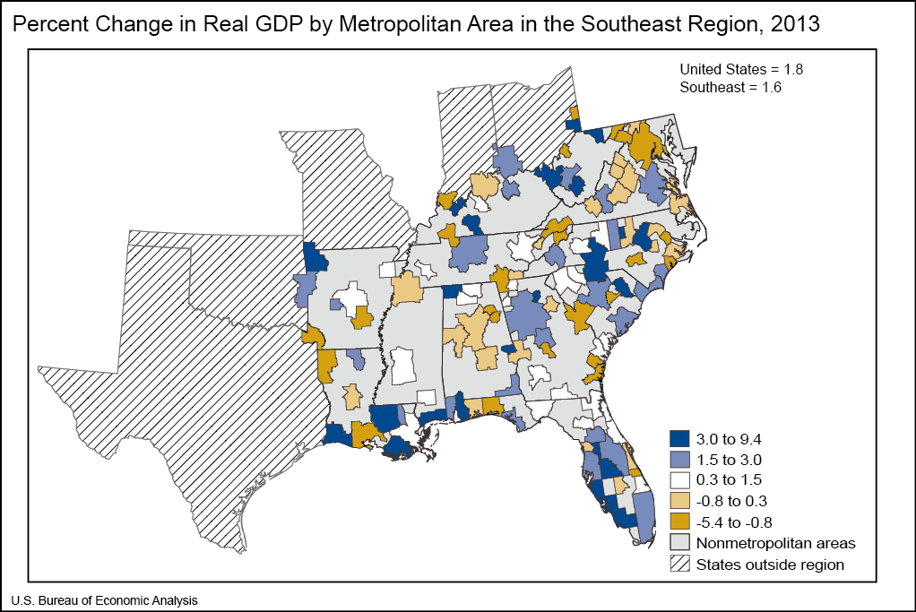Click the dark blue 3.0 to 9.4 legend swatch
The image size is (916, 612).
[680, 439]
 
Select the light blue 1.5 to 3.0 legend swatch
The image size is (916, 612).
[680, 460]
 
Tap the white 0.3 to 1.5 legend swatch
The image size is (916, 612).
[680, 480]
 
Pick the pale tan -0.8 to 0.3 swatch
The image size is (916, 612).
[680, 501]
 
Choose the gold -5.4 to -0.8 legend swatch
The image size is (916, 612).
[680, 521]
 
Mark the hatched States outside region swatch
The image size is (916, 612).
[680, 564]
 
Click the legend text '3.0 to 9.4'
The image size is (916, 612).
[729, 439]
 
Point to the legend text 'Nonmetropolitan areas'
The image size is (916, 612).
[775, 543]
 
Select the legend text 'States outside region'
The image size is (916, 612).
[770, 564]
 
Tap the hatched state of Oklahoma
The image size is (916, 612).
[224, 269]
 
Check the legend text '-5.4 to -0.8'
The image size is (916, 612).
[734, 521]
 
